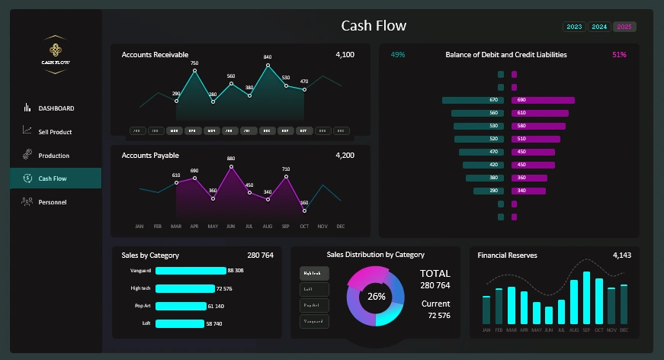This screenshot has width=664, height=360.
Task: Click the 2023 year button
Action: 574,27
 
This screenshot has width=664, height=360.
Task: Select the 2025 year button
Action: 624,27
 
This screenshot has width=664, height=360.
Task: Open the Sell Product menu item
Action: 55,132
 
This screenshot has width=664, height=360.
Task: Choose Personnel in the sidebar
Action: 52,202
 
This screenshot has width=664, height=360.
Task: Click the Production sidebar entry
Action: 53,156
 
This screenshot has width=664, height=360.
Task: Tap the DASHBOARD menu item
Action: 56,108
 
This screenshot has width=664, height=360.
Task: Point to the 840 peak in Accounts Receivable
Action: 268,66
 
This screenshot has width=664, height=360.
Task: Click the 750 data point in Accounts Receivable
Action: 194,71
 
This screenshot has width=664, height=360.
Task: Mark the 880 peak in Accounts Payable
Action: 231,166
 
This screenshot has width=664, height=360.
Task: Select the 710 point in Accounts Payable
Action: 286,177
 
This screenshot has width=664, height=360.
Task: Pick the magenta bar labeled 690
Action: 542,100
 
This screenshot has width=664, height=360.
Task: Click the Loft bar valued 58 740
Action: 179,323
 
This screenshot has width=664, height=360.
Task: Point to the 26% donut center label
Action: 376,296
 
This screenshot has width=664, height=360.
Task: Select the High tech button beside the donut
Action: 314,272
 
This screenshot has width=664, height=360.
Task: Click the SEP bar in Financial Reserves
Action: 586,297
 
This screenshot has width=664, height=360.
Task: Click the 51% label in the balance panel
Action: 618,55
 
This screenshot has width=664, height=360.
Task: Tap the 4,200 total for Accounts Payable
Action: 345,156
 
